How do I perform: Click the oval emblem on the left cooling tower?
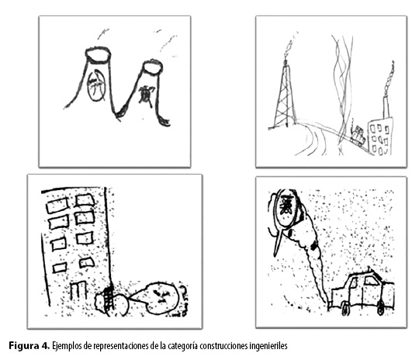tap(96, 85)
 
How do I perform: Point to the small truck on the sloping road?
tap(358, 135)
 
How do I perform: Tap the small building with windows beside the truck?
tap(380, 136)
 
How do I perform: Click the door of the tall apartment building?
tap(78, 291)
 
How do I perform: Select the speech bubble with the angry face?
tap(158, 298)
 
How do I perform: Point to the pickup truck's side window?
tap(372, 281)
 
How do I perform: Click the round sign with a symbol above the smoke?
tap(286, 208)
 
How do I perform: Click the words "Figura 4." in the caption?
tap(29, 345)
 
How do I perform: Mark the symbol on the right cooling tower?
tap(147, 96)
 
